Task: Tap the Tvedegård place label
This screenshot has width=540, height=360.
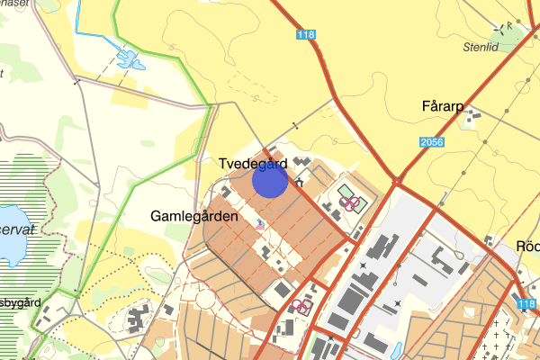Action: pos(253,164)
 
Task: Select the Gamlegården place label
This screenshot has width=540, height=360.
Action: pos(194,218)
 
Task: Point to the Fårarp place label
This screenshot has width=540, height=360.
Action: pos(441,107)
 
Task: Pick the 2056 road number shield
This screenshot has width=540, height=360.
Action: pos(432,142)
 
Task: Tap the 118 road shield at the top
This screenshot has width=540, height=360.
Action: pos(306,34)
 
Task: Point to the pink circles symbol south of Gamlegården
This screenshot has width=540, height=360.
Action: pos(301,307)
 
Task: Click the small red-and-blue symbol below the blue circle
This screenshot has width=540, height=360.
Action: pos(260,224)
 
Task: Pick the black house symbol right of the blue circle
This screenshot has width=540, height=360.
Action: pos(297,184)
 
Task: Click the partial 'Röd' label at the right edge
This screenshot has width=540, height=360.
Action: pos(528,247)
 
